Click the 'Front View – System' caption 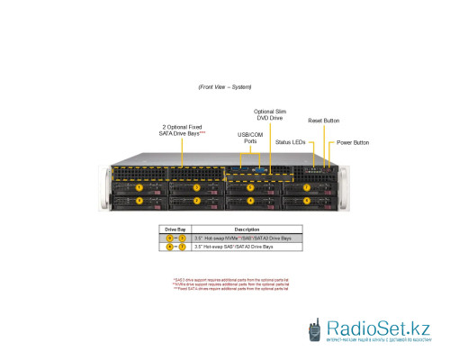(224, 87)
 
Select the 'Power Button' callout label (353, 142)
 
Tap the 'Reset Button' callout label (323, 120)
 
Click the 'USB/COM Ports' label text (251, 137)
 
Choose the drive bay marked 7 (306, 187)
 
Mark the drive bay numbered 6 (306, 200)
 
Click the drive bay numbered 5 (250, 187)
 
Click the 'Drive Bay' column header (175, 229)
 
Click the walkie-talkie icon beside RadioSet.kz (315, 329)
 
